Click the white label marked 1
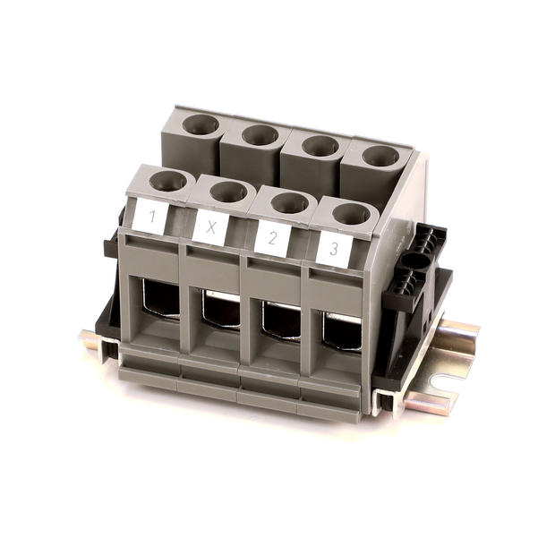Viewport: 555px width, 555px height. (150, 218)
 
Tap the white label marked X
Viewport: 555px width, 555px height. (211, 227)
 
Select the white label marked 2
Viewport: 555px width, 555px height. (273, 238)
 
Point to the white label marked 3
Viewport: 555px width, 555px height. (334, 249)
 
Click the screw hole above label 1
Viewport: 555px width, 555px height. (168, 181)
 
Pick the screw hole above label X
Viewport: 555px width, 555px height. (228, 192)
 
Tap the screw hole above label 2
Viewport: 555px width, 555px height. (290, 203)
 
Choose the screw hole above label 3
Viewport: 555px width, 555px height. (352, 214)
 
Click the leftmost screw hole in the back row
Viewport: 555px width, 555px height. (201, 124)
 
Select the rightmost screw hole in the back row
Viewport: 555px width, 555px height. (380, 156)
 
